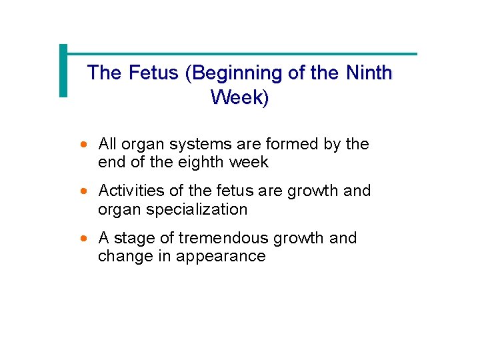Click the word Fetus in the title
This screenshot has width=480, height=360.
[154, 73]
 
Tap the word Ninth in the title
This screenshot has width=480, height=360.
[369, 73]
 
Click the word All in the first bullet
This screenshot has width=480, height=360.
[107, 144]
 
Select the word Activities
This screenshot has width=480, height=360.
[130, 191]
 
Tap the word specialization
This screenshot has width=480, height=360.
[193, 209]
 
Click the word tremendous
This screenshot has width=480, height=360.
[217, 238]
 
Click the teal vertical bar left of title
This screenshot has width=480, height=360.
[63, 71]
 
